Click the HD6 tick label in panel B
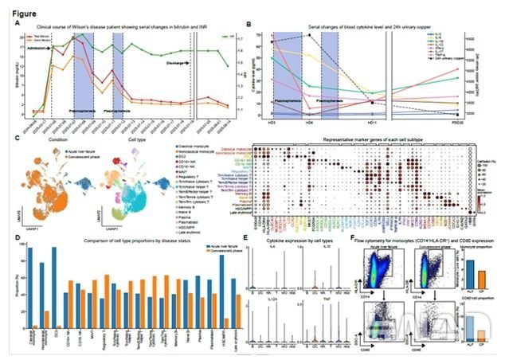pos(307,120)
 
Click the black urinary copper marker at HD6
pos(307,36)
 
